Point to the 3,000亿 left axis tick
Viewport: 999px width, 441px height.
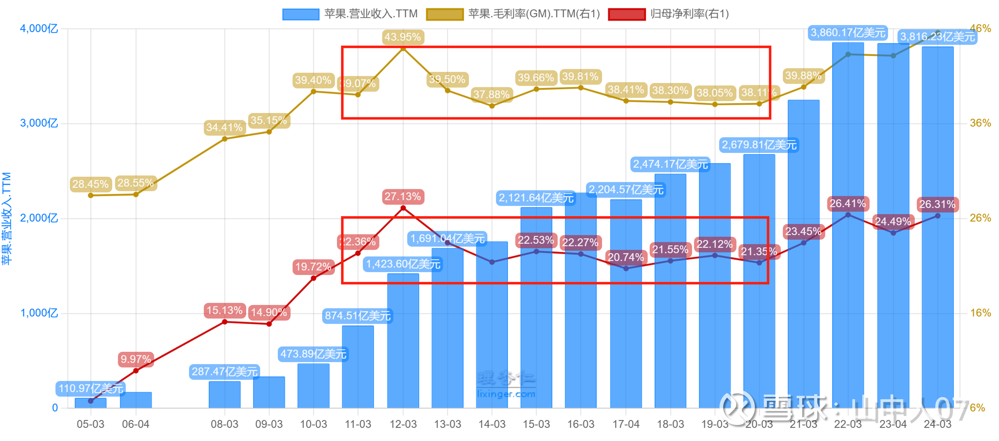point(39,123)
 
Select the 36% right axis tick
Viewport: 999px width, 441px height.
point(980,123)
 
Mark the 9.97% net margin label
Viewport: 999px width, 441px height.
point(136,359)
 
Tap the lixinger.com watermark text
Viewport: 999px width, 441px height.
point(506,394)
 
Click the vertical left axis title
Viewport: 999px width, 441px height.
point(7,218)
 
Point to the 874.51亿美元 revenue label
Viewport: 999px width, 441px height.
point(358,316)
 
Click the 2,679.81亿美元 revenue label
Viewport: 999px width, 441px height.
point(759,145)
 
